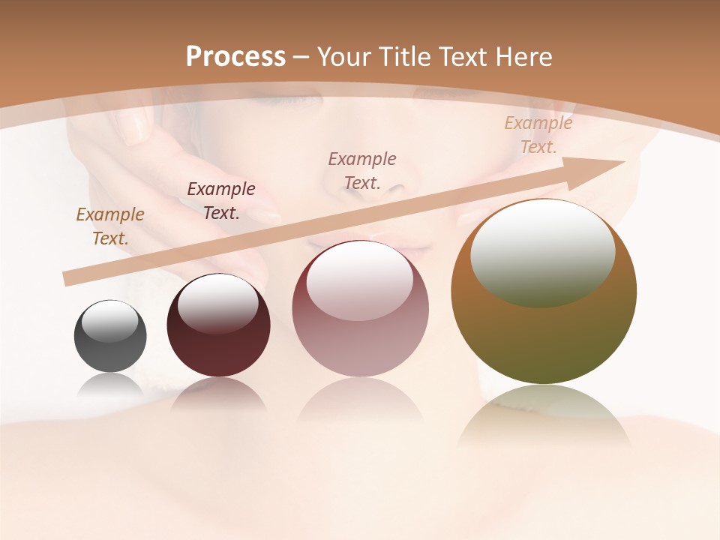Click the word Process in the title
point(235,57)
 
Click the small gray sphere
point(110,336)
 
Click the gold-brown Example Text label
point(110,226)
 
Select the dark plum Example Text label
point(221,200)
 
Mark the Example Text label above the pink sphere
point(362,170)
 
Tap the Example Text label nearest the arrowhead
point(538,134)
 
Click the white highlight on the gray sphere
point(109,320)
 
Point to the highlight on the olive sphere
point(542,253)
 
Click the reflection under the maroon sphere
point(218,394)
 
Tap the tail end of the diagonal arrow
point(67,278)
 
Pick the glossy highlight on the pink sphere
point(359,280)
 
